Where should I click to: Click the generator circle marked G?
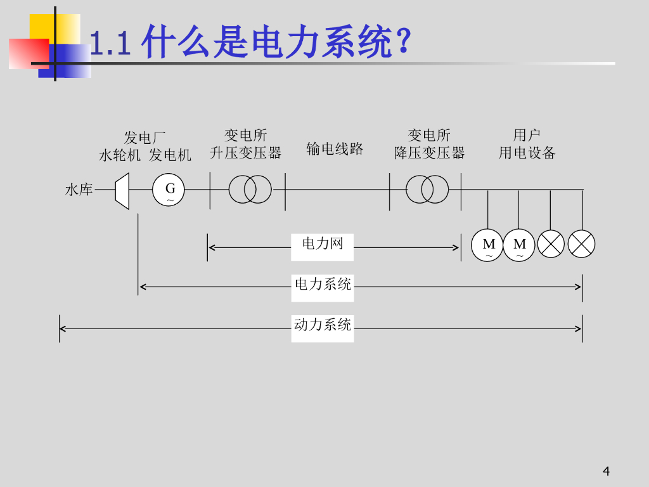pyautogui.click(x=169, y=190)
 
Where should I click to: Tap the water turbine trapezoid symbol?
pyautogui.click(x=122, y=190)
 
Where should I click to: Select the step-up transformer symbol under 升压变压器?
pyautogui.click(x=250, y=189)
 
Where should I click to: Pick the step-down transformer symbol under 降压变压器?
pyautogui.click(x=427, y=189)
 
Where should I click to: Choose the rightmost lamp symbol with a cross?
pyautogui.click(x=581, y=244)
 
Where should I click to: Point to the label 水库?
pyautogui.click(x=79, y=190)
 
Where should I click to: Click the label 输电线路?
pyautogui.click(x=335, y=149)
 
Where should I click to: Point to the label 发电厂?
pyautogui.click(x=145, y=138)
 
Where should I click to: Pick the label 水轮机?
pyautogui.click(x=120, y=155)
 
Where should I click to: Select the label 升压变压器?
pyautogui.click(x=245, y=153)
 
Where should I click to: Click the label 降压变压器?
pyautogui.click(x=429, y=153)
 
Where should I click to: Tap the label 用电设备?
pyautogui.click(x=527, y=153)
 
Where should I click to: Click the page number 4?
pyautogui.click(x=607, y=471)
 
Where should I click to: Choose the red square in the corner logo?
pyautogui.click(x=29, y=53)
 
